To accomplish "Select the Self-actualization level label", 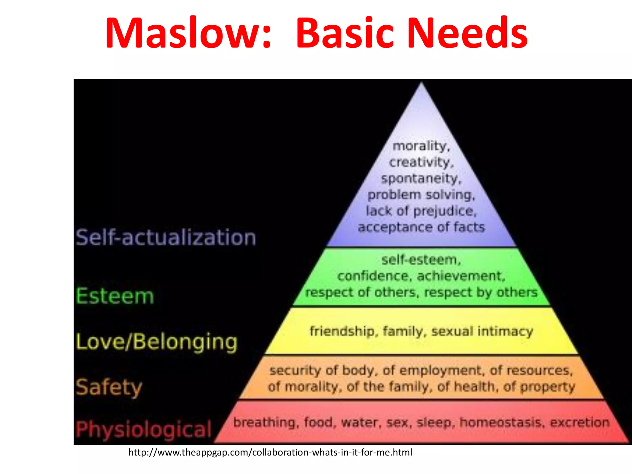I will click(166, 238).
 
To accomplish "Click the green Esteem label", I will click(115, 296).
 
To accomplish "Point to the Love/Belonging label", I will click(157, 342).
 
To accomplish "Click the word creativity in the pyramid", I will click(421, 162).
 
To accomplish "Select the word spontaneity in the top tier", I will click(421, 179).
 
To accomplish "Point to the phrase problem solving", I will click(421, 195).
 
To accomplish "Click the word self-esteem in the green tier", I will click(421, 260).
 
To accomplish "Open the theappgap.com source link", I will click(270, 452).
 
